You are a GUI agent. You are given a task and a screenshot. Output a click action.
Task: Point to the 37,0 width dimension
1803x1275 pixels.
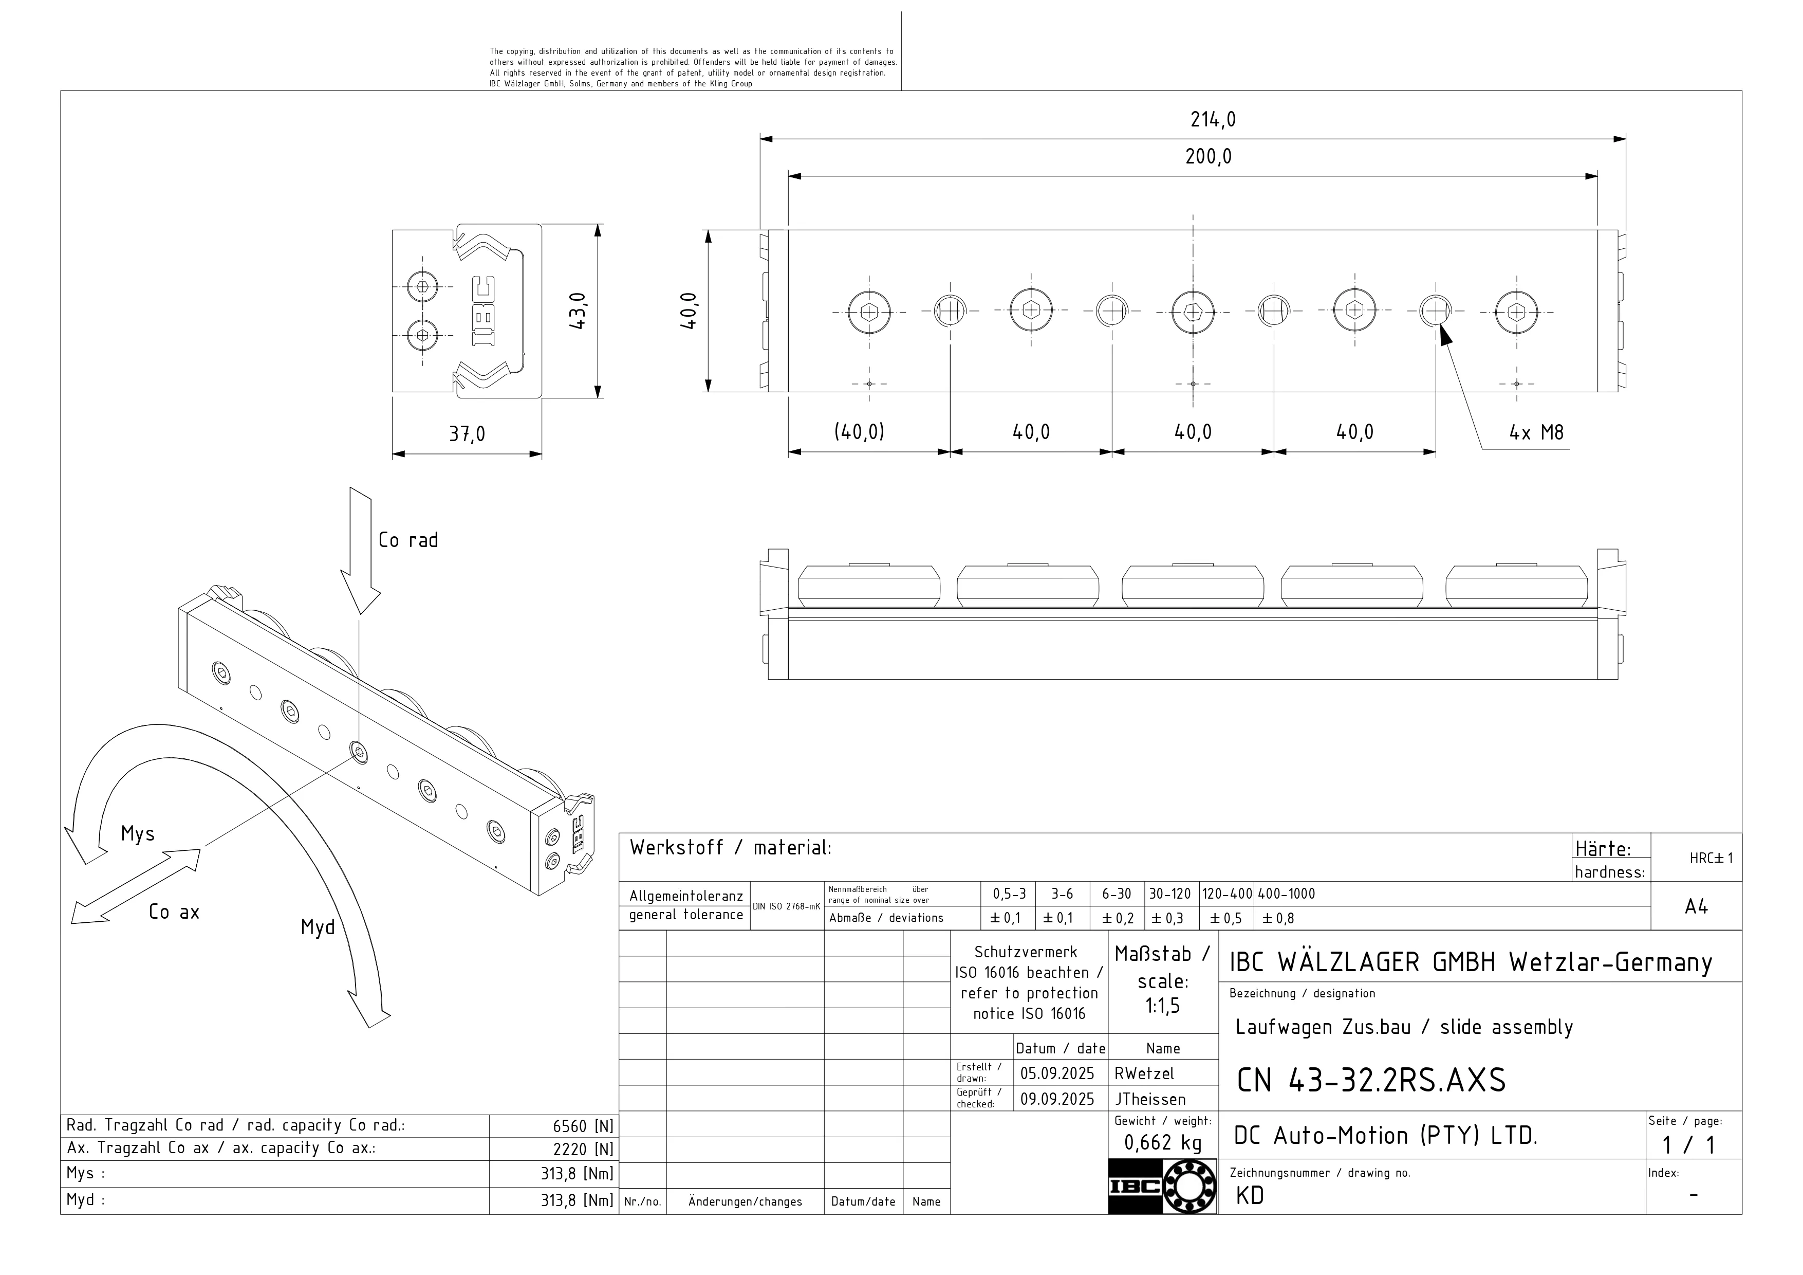(x=467, y=433)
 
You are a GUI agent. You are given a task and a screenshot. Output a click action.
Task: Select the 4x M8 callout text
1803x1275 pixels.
(x=1536, y=432)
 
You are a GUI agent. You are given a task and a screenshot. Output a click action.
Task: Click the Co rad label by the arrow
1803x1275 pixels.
(x=407, y=540)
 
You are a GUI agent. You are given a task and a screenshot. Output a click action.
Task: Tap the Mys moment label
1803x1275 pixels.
(x=137, y=834)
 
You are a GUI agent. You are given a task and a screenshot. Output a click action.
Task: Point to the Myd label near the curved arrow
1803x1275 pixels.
(x=317, y=928)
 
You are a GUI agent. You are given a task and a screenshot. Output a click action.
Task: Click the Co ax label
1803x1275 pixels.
(x=174, y=912)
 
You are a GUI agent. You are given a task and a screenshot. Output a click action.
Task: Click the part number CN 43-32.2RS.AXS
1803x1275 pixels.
(x=1371, y=1081)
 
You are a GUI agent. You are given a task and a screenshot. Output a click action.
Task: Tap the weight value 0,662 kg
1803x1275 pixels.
(x=1163, y=1143)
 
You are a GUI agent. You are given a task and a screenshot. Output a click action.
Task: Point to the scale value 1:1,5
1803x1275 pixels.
(x=1162, y=1006)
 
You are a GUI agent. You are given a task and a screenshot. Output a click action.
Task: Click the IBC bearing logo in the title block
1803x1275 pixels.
(x=1162, y=1186)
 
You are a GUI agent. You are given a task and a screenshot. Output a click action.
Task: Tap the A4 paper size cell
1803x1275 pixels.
(x=1696, y=907)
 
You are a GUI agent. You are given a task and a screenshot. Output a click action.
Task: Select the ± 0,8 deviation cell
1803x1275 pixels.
(x=1278, y=918)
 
